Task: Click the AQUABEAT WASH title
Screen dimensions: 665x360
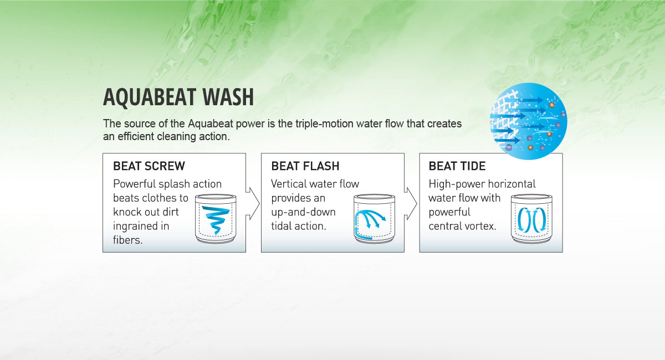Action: pos(178,97)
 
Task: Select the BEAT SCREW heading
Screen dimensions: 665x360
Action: pos(149,166)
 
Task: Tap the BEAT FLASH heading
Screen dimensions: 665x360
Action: pos(305,166)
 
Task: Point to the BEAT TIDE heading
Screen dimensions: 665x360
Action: pos(457,166)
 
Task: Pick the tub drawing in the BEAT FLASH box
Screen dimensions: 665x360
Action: pos(374,219)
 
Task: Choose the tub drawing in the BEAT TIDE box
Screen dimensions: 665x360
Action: pos(531,219)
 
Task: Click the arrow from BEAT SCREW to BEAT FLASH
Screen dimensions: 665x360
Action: pos(253,204)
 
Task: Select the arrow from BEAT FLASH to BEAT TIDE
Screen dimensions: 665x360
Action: pos(411,204)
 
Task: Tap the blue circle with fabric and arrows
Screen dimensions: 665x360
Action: pos(529,121)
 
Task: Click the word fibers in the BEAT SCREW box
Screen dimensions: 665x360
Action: pos(127,240)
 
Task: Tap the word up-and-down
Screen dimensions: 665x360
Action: pos(304,212)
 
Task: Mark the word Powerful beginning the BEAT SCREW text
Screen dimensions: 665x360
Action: pos(135,184)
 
